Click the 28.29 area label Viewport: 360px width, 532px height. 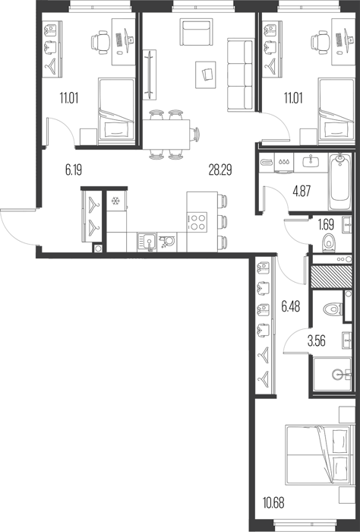click(x=220, y=170)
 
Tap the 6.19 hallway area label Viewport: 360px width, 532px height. click(x=74, y=170)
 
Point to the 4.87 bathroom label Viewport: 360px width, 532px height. click(x=302, y=192)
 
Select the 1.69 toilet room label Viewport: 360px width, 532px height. click(x=326, y=225)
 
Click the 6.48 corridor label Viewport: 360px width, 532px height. click(x=291, y=307)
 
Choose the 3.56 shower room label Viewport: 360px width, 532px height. click(x=316, y=341)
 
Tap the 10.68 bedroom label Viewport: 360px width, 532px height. click(x=273, y=503)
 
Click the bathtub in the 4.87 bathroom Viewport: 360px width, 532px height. click(x=340, y=182)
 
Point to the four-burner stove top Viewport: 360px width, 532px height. click(x=197, y=222)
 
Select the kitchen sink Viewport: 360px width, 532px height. click(x=147, y=242)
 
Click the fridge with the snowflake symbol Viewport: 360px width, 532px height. click(x=116, y=201)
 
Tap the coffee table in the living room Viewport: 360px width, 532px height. click(x=206, y=75)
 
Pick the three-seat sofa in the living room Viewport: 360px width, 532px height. click(x=241, y=74)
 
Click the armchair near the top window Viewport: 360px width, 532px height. click(x=196, y=32)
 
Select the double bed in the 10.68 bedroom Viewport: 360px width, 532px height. click(x=317, y=454)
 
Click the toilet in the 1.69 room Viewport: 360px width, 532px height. click(x=328, y=243)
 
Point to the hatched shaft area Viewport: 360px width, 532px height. click(x=332, y=277)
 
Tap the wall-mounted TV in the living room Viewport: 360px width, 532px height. click(x=149, y=74)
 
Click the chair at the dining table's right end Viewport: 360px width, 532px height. click(x=195, y=135)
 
